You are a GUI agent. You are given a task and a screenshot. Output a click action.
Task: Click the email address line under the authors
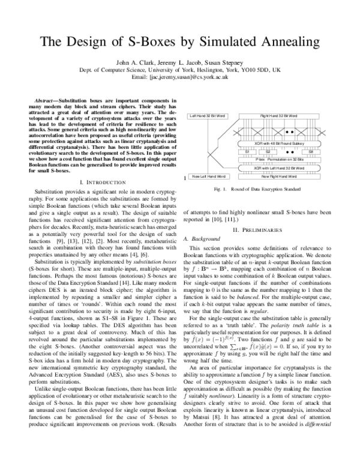(181, 77)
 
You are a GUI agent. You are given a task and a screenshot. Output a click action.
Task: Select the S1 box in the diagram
(247, 153)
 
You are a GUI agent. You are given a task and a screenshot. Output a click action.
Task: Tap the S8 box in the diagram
(311, 153)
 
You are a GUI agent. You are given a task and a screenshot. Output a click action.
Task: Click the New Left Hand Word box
(208, 177)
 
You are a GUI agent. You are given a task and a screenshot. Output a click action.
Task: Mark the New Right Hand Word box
(279, 177)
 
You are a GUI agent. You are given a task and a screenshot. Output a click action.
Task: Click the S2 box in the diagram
(268, 153)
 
